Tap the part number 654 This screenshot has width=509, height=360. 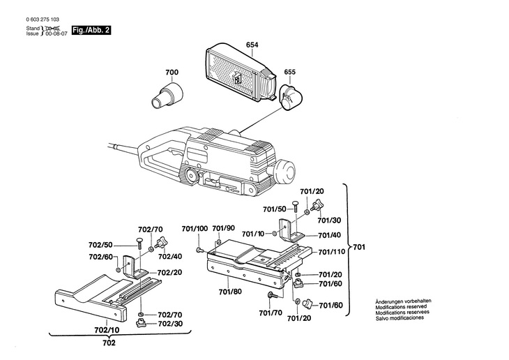click(252, 45)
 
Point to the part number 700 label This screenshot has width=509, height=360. click(172, 73)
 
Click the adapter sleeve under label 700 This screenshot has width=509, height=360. click(167, 94)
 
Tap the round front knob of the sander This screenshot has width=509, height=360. click(287, 171)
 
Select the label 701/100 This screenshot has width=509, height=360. click(195, 228)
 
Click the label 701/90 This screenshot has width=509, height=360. click(223, 228)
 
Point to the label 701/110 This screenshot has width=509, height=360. click(332, 252)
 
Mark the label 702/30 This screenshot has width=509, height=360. click(169, 324)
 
